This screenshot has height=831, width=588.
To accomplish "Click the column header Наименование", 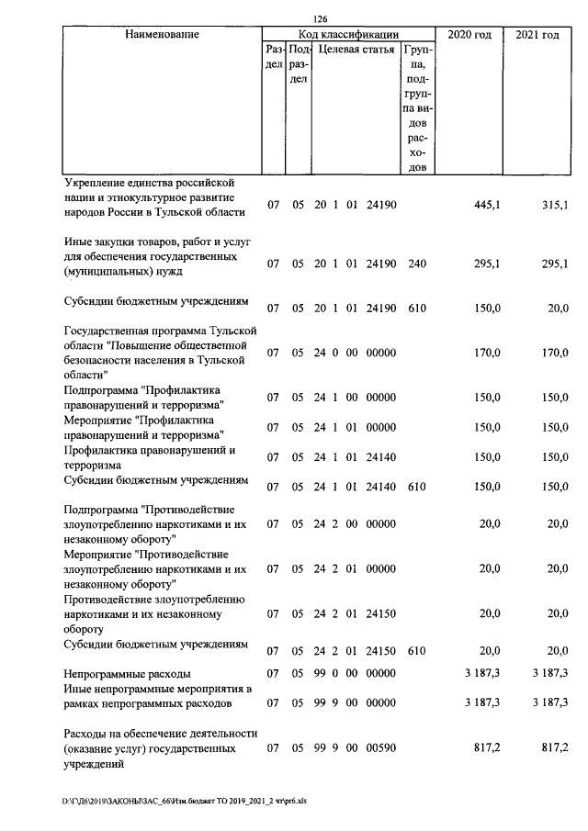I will [163, 35].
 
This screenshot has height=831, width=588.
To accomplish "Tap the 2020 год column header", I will [469, 35].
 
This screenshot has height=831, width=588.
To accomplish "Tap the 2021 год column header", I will [537, 35].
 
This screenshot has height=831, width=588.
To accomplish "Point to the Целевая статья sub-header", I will [356, 50].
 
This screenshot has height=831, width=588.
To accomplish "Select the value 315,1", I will [555, 205].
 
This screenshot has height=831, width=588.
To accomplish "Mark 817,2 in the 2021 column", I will [555, 749].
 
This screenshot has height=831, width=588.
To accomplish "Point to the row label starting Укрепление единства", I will [153, 197].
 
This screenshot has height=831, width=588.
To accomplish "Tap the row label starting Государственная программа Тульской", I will [158, 353].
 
